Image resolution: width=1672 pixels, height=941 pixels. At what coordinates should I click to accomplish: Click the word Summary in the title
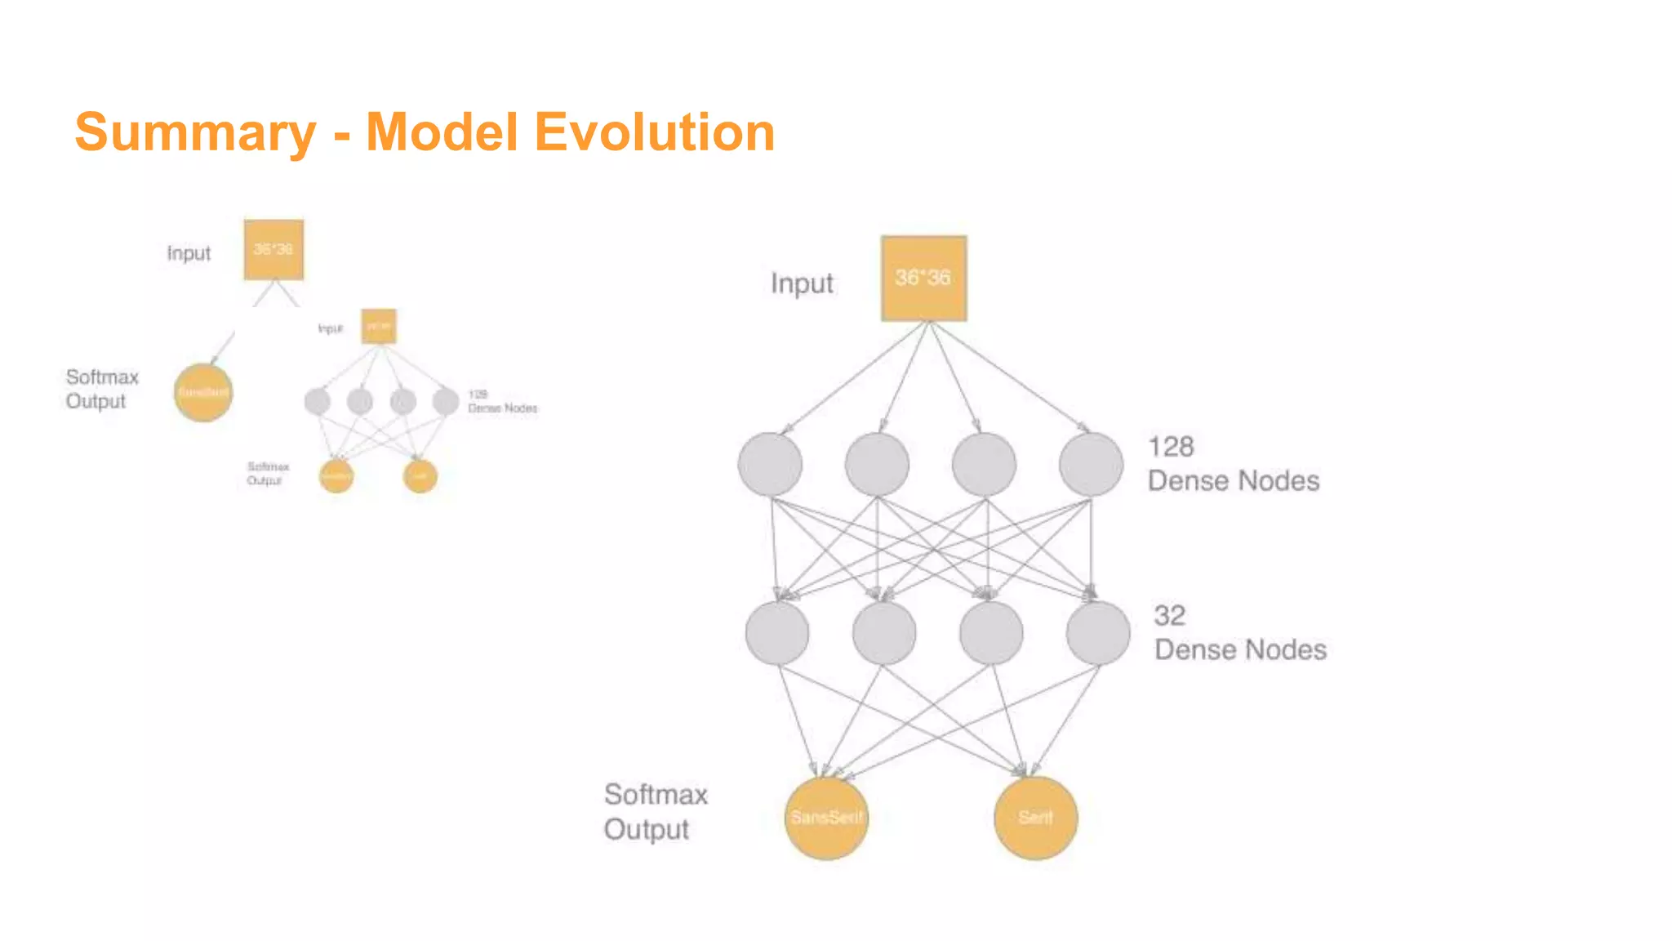[x=195, y=132]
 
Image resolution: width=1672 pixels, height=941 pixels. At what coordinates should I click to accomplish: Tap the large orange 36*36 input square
[x=923, y=278]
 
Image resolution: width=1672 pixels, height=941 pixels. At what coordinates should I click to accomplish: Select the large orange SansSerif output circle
[x=826, y=818]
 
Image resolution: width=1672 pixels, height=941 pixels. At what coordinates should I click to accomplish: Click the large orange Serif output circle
[x=1035, y=818]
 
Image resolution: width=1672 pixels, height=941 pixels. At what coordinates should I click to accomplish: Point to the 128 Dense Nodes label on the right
[x=1232, y=464]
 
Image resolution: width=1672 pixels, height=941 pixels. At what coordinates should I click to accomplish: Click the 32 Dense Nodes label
[x=1239, y=633]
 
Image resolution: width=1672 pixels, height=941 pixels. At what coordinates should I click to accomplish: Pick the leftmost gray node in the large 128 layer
[x=770, y=465]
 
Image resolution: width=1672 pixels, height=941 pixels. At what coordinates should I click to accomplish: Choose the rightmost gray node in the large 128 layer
[x=1091, y=465]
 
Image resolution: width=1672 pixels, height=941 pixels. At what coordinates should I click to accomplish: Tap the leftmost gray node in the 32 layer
[x=777, y=633]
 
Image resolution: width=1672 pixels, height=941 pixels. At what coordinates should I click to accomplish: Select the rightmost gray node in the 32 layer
[x=1098, y=633]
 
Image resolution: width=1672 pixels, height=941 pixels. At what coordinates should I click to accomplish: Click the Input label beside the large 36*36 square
[x=802, y=283]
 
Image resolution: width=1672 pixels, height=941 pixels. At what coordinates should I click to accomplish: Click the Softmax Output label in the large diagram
[x=655, y=811]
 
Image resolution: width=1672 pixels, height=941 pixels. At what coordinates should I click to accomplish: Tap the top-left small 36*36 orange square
[x=273, y=249]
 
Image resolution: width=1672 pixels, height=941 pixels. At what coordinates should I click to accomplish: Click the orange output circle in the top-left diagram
[x=203, y=393]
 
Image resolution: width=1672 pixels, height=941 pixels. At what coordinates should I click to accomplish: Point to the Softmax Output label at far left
[x=101, y=389]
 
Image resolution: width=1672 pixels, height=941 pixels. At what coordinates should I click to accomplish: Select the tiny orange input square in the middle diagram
[x=379, y=326]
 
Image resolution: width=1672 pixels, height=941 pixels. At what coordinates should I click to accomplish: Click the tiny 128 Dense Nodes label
[x=502, y=401]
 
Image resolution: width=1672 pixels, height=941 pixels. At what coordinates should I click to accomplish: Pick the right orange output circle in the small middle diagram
[x=420, y=476]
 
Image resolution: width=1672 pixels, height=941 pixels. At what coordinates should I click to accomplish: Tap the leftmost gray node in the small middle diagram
[x=317, y=401]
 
